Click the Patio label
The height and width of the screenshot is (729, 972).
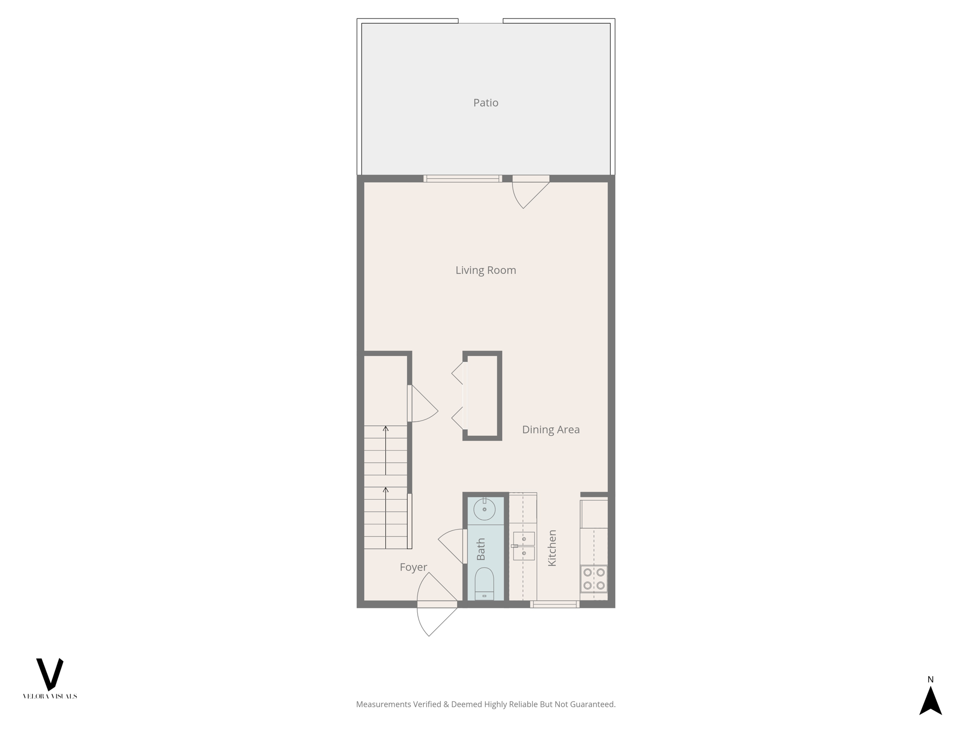click(486, 103)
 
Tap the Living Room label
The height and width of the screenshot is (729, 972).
click(486, 270)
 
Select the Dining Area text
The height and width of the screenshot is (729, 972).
click(551, 430)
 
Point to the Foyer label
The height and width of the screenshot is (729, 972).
click(413, 567)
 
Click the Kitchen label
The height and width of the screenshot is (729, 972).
click(552, 548)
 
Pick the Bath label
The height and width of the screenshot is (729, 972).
click(481, 549)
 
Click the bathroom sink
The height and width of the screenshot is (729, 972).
click(485, 510)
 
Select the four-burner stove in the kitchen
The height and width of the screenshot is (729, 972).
click(594, 579)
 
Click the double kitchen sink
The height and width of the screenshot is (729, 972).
click(524, 546)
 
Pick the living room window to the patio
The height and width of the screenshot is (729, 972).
click(462, 179)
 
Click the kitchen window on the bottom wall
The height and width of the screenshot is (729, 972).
click(554, 604)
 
